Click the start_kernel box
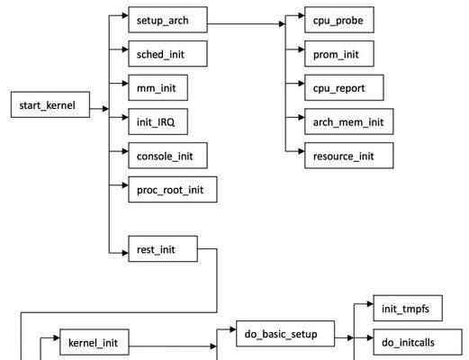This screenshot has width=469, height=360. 50,104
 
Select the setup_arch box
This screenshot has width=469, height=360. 167,20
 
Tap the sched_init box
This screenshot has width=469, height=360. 167,54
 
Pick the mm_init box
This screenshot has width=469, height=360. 158,87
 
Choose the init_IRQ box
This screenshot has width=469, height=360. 158,121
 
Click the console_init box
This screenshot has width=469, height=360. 167,156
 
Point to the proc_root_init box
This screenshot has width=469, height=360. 173,189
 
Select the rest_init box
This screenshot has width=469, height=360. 163,248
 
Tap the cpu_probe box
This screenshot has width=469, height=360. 339,20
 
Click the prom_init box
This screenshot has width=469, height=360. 339,54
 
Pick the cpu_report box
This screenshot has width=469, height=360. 344,87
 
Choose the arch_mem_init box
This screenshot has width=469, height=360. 348,121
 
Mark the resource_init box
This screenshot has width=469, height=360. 348,156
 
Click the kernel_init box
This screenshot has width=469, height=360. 95,342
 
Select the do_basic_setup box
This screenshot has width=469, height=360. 285,334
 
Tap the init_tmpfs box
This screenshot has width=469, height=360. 408,308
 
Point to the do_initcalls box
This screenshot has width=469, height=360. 418,342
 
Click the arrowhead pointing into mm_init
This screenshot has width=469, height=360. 125,84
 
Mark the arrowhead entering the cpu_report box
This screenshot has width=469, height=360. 302,84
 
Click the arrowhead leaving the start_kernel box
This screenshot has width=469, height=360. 105,109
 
